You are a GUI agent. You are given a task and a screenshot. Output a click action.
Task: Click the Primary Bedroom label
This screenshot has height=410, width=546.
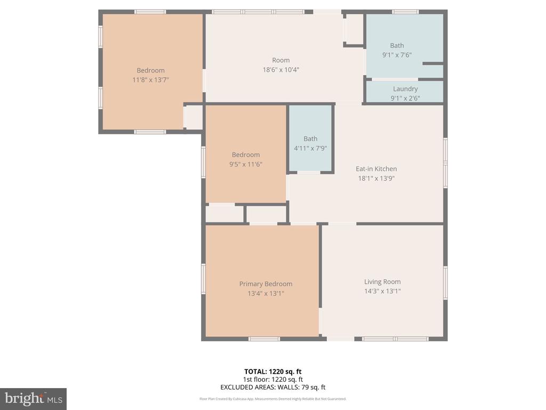[266, 284]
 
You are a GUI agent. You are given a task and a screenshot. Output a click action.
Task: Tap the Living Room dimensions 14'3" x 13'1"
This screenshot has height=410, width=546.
[382, 291]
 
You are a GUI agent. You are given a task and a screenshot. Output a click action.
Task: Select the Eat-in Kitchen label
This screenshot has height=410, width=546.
[376, 169]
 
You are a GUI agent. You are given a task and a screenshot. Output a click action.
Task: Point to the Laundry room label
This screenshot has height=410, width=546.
[405, 89]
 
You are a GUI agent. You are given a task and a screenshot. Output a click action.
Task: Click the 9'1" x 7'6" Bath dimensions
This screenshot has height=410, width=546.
[397, 55]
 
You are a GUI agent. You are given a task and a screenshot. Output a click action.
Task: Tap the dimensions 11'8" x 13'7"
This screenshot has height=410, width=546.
[150, 80]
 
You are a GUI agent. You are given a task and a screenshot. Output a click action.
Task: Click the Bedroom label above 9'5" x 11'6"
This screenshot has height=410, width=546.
[245, 155]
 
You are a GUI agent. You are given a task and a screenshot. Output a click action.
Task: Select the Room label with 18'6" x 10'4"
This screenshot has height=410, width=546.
[280, 60]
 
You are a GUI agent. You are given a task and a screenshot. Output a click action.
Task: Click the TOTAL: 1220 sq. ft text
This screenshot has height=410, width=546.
[273, 372]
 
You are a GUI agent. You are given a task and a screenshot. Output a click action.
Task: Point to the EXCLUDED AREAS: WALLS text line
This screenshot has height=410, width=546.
[273, 388]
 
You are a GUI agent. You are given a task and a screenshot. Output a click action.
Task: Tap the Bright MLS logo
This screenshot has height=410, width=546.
[33, 398]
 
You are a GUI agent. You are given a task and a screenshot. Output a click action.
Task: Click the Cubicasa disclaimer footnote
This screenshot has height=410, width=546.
[273, 399]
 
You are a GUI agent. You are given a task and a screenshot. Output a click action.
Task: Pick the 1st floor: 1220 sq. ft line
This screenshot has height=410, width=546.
[273, 380]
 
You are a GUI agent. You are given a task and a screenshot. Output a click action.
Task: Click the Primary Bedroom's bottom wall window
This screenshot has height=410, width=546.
[264, 339]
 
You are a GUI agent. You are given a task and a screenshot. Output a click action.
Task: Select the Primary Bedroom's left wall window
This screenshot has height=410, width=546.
[203, 279]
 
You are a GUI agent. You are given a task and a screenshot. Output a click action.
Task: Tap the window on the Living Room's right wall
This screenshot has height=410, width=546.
[445, 283]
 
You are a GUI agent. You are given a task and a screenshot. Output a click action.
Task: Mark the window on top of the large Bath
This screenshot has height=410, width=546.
[405, 11]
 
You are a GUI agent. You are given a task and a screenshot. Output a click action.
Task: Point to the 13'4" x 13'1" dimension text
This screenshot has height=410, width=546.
[266, 293]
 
